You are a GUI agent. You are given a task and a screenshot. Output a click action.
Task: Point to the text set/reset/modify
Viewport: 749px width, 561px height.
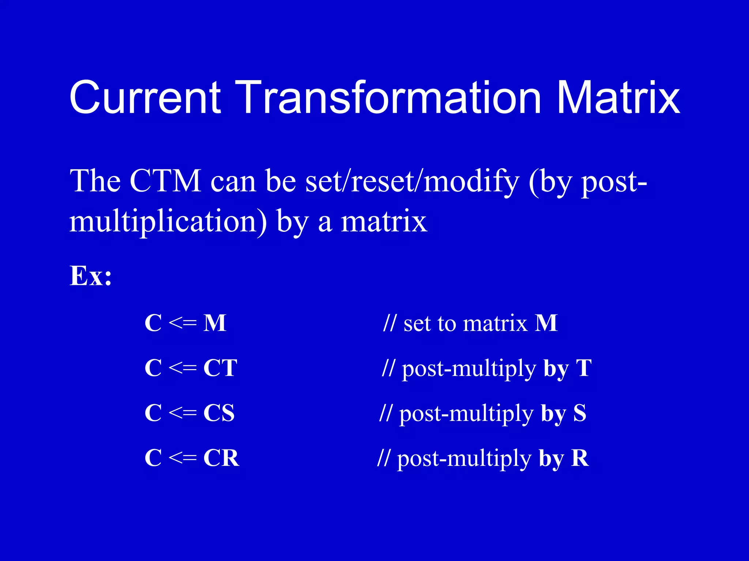[412, 181]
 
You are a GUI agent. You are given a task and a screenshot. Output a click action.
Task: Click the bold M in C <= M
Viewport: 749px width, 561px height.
[215, 323]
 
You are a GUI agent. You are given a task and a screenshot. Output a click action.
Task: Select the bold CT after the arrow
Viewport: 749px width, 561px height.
[220, 368]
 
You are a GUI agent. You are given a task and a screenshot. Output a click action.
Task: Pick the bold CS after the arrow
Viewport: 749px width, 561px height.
[219, 413]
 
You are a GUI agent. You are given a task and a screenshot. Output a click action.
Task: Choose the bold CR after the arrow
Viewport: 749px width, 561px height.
[221, 458]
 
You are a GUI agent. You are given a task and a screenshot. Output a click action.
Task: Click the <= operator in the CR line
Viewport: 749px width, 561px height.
[183, 458]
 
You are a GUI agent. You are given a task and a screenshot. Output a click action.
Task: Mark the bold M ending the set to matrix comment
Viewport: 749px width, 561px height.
[546, 323]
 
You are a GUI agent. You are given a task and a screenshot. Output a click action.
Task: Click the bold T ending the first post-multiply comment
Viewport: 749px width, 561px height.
[584, 368]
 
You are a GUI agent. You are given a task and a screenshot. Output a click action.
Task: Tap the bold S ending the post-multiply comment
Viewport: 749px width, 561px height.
[580, 413]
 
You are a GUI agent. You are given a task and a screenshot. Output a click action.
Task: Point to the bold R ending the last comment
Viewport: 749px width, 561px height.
[580, 458]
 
